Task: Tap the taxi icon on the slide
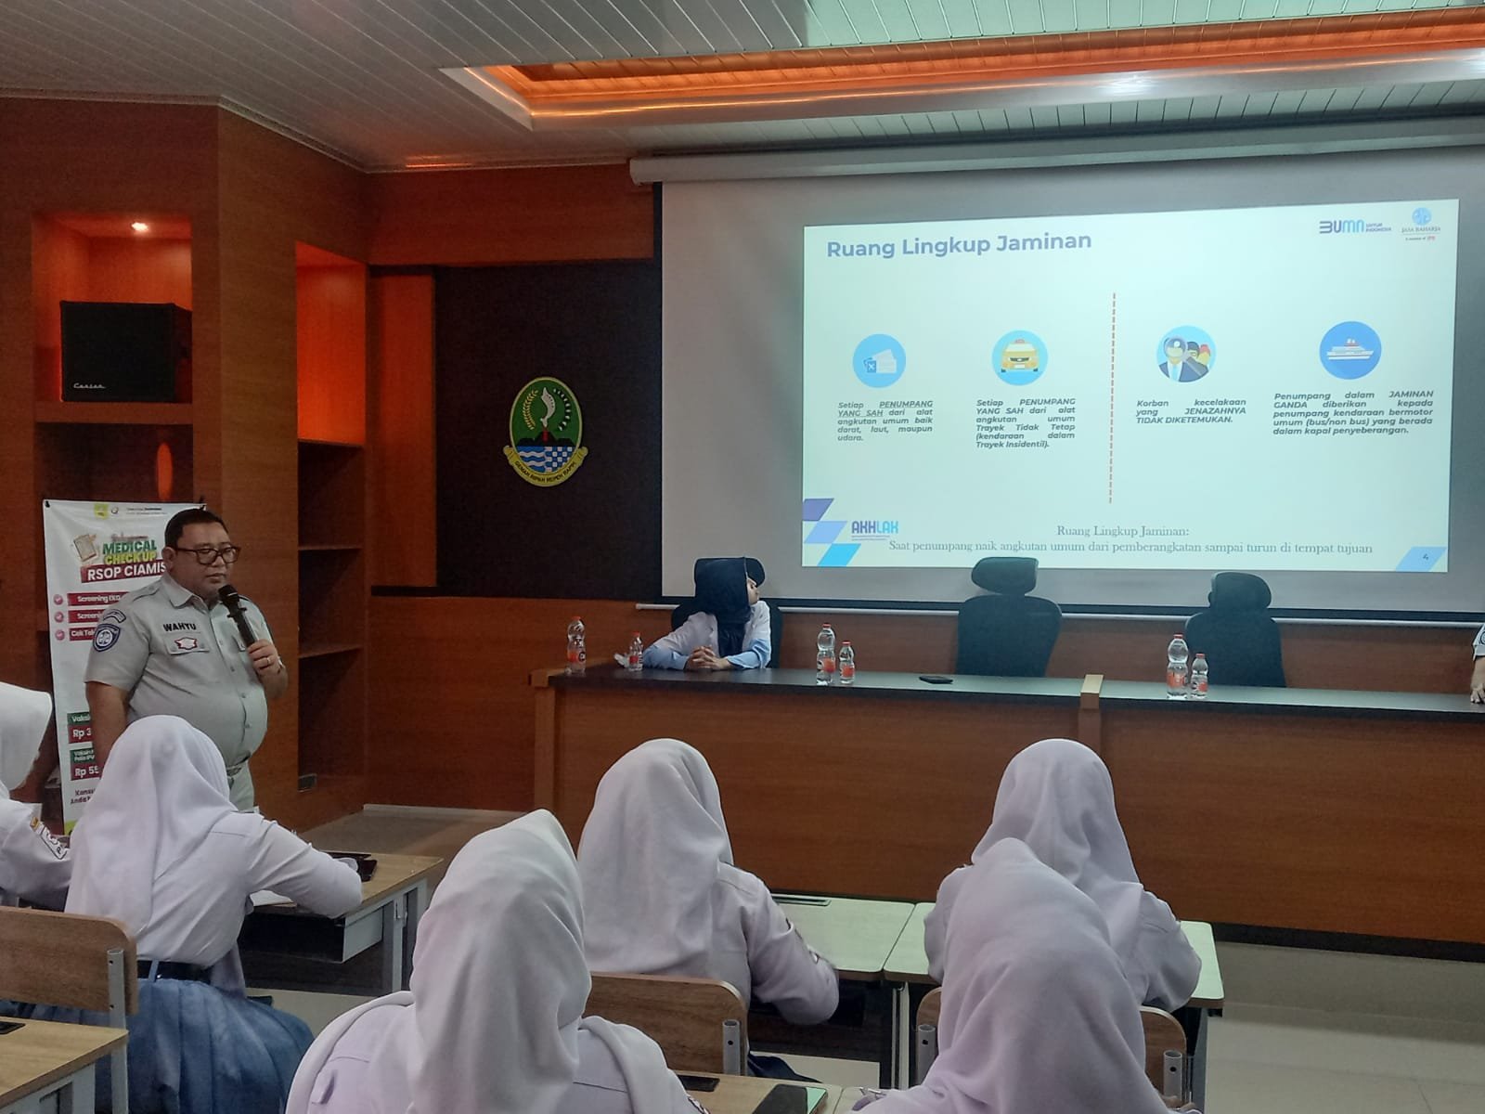[x=1020, y=356]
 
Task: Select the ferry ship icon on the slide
[x=1349, y=352]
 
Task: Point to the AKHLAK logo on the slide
[x=875, y=528]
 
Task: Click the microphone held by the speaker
[x=233, y=613]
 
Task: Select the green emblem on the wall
[x=546, y=422]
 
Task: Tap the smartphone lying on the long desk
[x=936, y=679]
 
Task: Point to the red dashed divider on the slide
[x=1112, y=399]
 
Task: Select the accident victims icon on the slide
[x=1185, y=355]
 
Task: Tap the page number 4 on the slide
[x=1426, y=555]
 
